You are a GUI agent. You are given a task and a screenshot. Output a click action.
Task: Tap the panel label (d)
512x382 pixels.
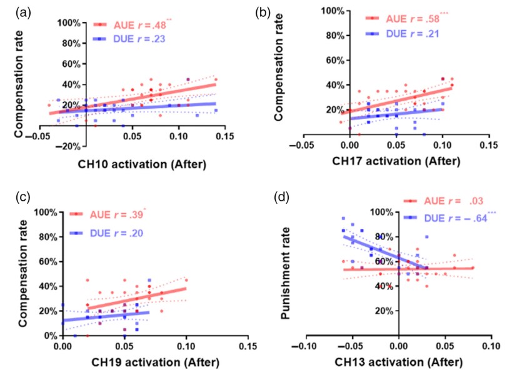coord(283,199)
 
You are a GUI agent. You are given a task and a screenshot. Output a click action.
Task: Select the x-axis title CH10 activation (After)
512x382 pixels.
coord(142,165)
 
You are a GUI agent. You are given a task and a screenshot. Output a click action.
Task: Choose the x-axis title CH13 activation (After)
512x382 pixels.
coord(399,361)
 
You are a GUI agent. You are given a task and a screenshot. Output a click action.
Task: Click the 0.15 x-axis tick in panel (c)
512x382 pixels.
coord(248,346)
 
